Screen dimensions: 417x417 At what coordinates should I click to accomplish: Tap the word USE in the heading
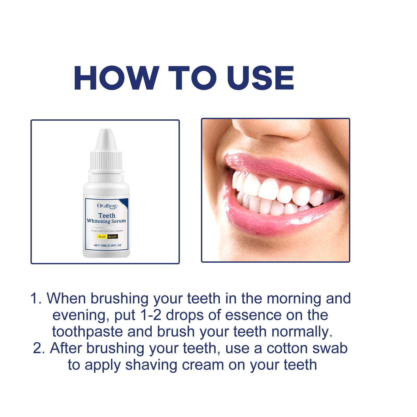click(260, 78)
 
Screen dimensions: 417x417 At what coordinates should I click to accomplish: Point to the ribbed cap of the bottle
click(106, 160)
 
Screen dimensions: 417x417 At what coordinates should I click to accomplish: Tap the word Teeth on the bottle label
click(107, 216)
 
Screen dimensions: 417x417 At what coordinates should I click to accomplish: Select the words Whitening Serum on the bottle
click(106, 221)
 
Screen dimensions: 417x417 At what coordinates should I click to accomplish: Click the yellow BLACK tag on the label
click(102, 237)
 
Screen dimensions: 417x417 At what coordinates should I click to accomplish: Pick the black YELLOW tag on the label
click(112, 237)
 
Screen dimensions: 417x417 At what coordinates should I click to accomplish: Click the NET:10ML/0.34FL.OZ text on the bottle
click(108, 245)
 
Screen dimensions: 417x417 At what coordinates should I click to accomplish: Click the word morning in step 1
click(294, 298)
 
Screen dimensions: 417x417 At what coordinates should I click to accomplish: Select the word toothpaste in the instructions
click(88, 332)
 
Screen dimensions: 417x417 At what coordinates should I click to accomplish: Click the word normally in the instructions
click(302, 332)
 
